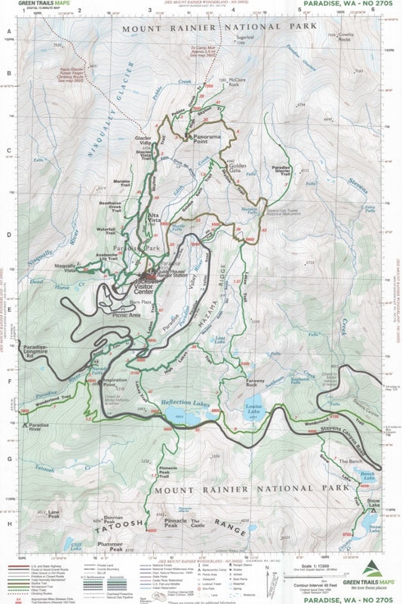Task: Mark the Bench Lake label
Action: (367, 474)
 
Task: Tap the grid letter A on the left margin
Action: (9, 32)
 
